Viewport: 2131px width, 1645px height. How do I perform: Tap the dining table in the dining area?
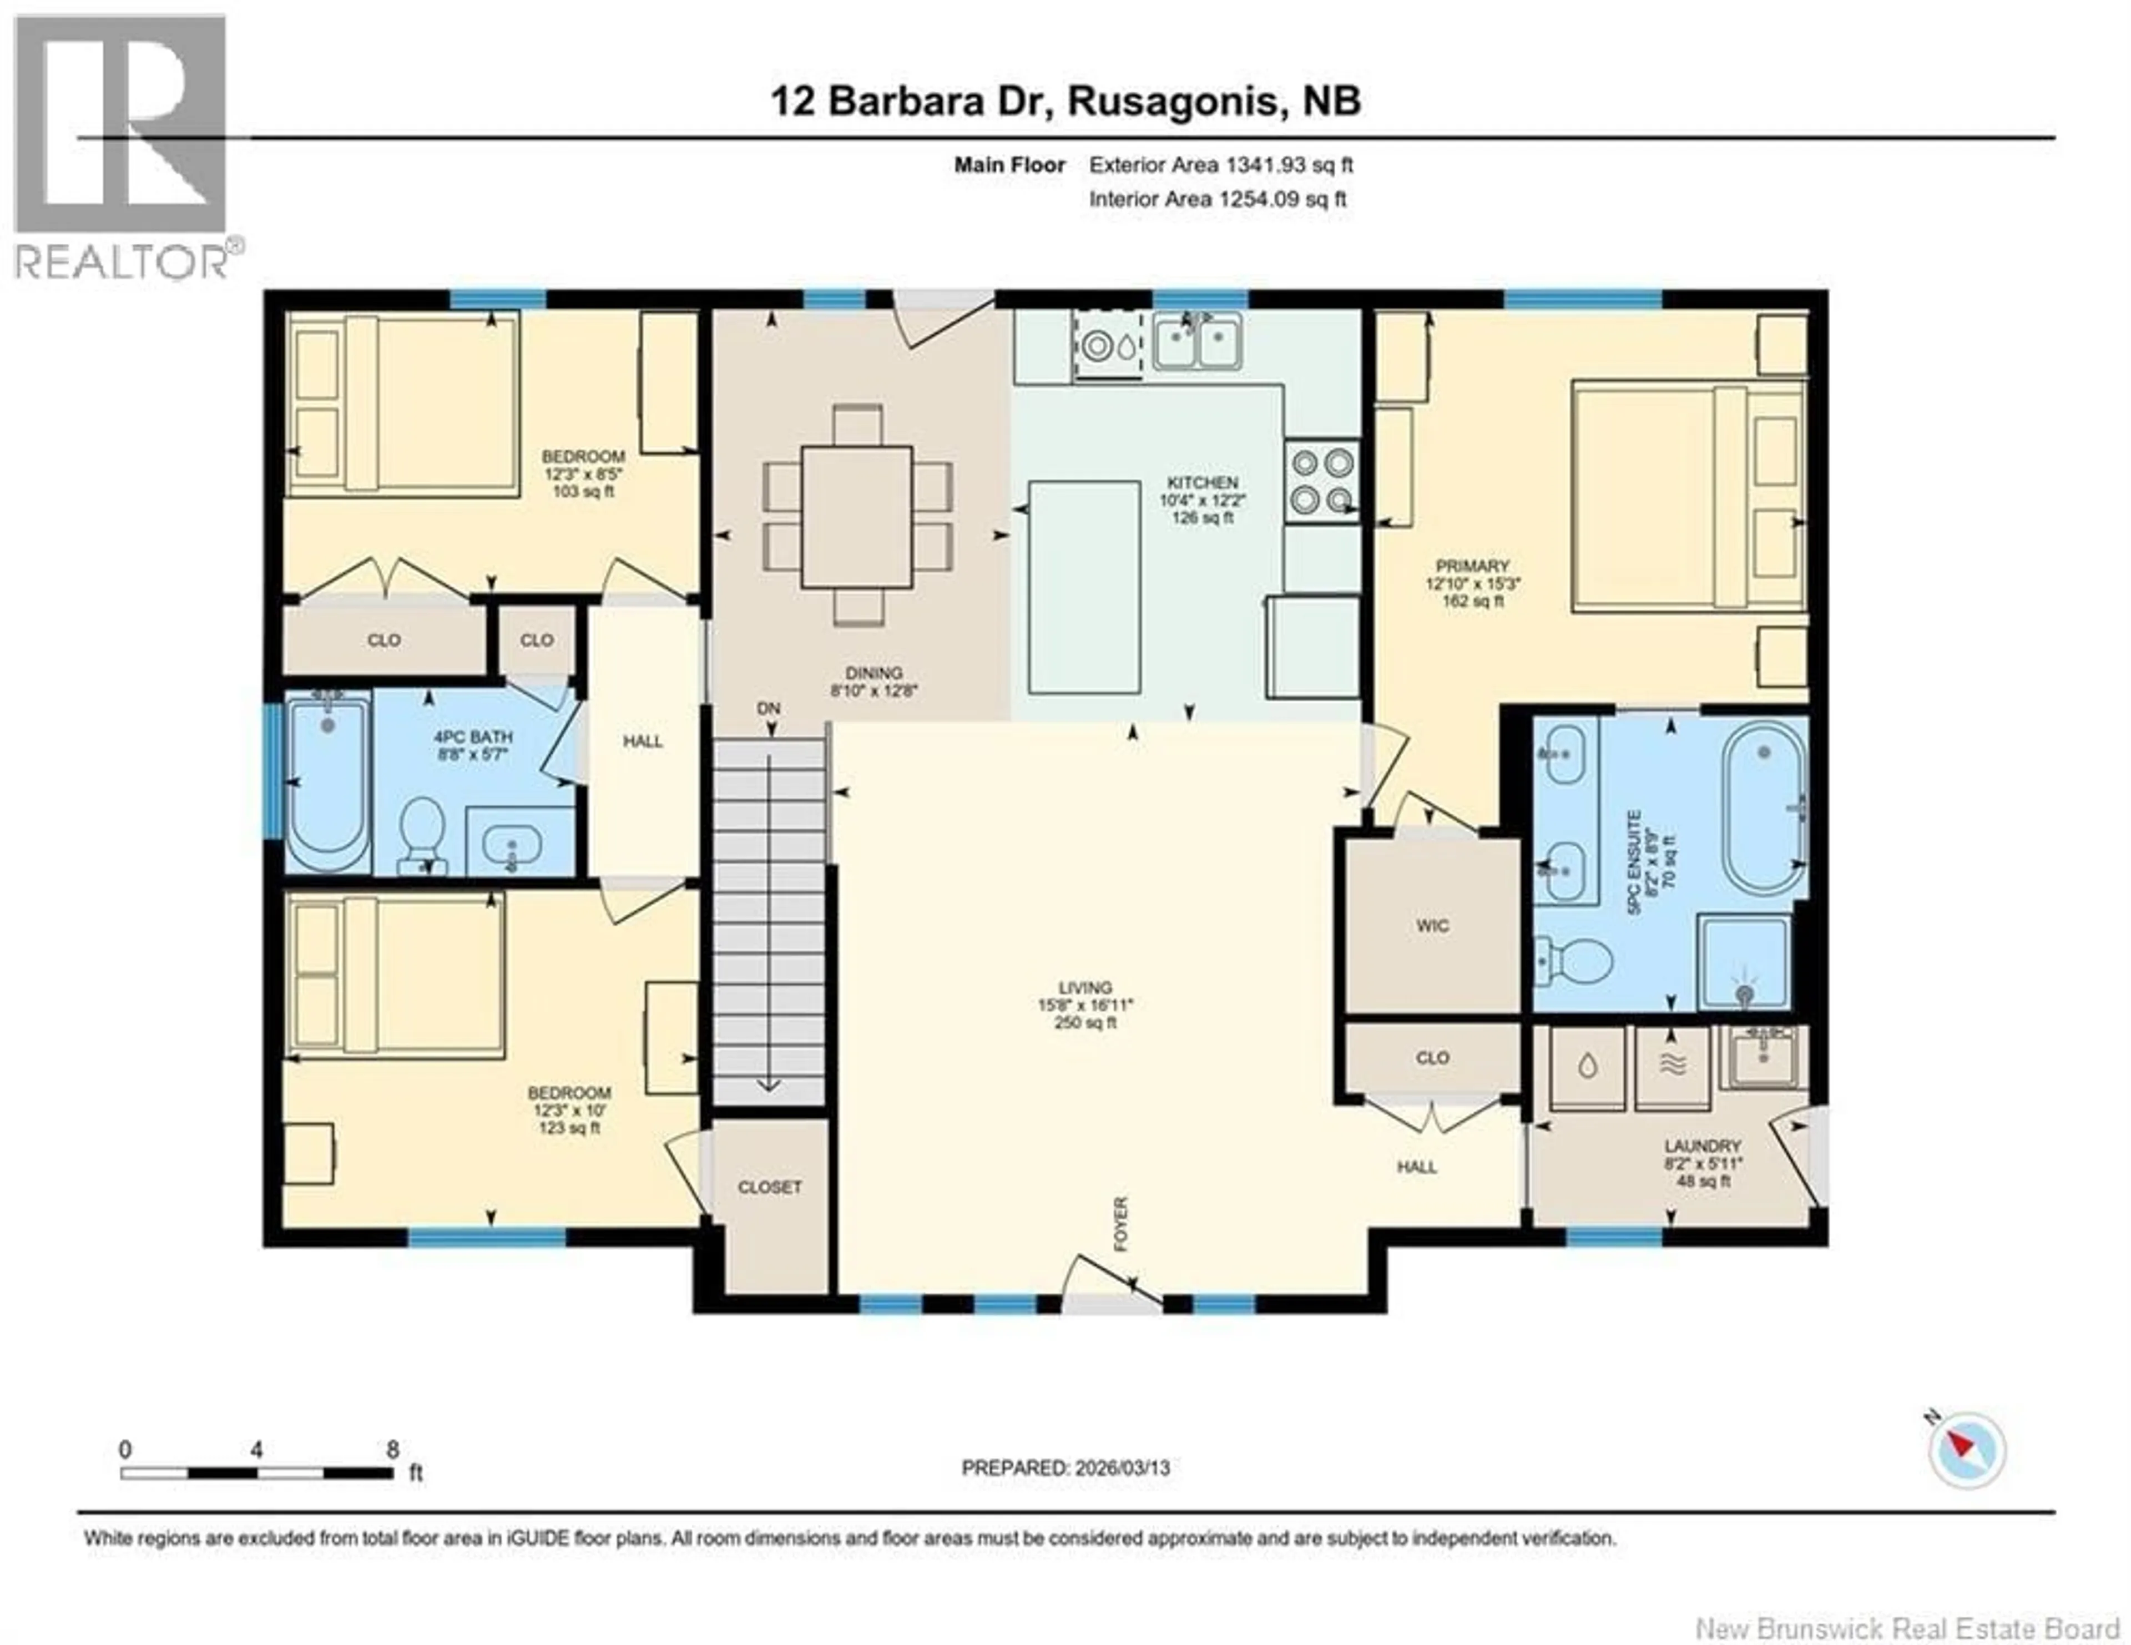[857, 517]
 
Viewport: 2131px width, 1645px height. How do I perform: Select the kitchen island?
[1084, 587]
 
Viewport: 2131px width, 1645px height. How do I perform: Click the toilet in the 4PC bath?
[422, 832]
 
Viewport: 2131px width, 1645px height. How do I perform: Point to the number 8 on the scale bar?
[392, 1449]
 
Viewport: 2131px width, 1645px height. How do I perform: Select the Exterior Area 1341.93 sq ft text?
[1221, 165]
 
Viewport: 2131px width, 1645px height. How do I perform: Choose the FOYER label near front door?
[1120, 1224]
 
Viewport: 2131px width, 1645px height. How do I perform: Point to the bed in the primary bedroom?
[1686, 497]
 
